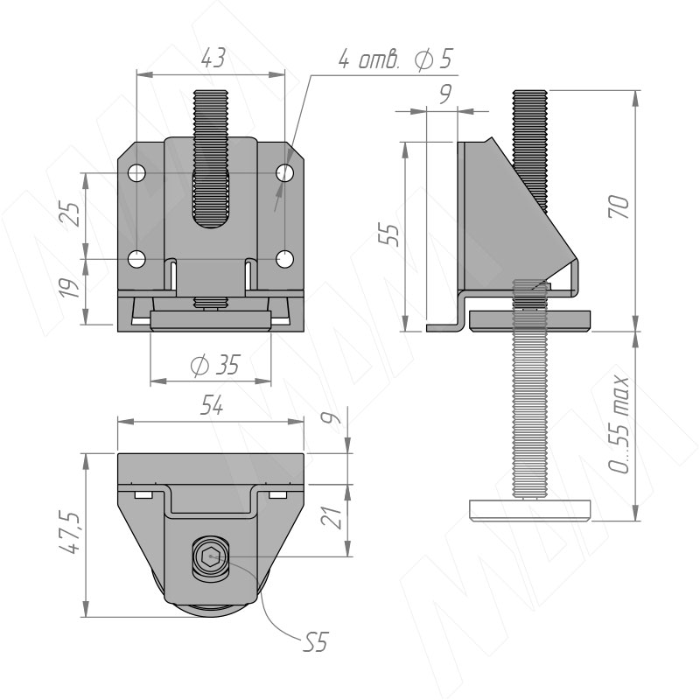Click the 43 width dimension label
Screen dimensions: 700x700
(213, 58)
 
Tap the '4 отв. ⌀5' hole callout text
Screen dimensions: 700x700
(395, 59)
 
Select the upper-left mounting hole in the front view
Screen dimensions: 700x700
(137, 172)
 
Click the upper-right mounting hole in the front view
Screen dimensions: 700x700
(284, 172)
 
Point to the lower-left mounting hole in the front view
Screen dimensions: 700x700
(137, 259)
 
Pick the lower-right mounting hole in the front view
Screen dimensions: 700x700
(284, 259)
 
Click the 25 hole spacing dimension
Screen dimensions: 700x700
(71, 214)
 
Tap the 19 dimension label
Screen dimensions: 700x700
(71, 288)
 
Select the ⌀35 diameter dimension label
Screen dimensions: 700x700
(215, 365)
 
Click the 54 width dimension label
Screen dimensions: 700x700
(211, 406)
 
